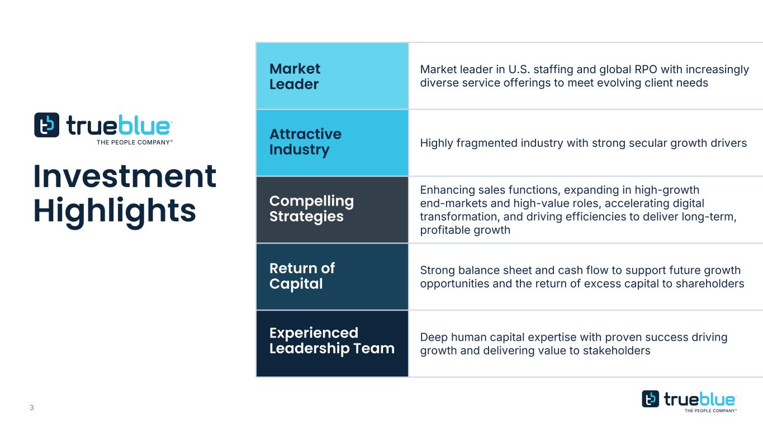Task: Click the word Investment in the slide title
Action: pos(125,176)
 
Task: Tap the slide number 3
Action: pos(32,408)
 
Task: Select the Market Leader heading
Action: pos(295,77)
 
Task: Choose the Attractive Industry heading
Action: pos(305,142)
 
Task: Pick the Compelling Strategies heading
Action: pos(311,209)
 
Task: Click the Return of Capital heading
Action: pos(302,276)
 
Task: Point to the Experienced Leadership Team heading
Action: pos(332,341)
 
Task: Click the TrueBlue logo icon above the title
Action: pos(46,125)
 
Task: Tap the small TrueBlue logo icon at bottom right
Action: pos(650,399)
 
